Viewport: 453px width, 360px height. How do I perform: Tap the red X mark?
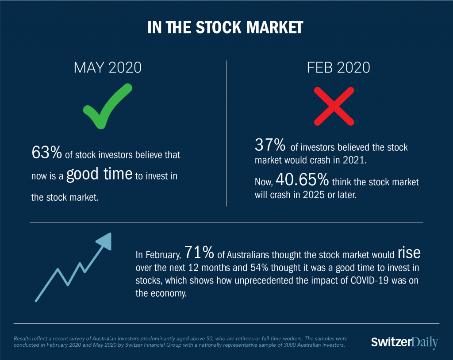pos(334,106)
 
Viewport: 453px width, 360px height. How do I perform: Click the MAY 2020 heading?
pos(107,68)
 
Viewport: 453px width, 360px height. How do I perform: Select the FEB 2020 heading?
pos(338,68)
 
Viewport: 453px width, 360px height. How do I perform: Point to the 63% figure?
pos(46,152)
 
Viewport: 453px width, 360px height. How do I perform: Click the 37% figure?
pos(270,145)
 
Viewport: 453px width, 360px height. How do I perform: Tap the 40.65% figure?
pos(302,180)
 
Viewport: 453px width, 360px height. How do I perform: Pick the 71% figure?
pos(199,252)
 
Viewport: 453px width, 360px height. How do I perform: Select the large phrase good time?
pos(100,174)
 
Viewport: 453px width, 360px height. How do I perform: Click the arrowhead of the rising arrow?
pos(104,241)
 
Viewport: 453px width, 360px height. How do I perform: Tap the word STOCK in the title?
pos(219,27)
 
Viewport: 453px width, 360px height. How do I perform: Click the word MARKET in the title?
pos(275,27)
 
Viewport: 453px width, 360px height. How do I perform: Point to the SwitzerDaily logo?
pos(404,342)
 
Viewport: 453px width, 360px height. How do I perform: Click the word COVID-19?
pos(369,280)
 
